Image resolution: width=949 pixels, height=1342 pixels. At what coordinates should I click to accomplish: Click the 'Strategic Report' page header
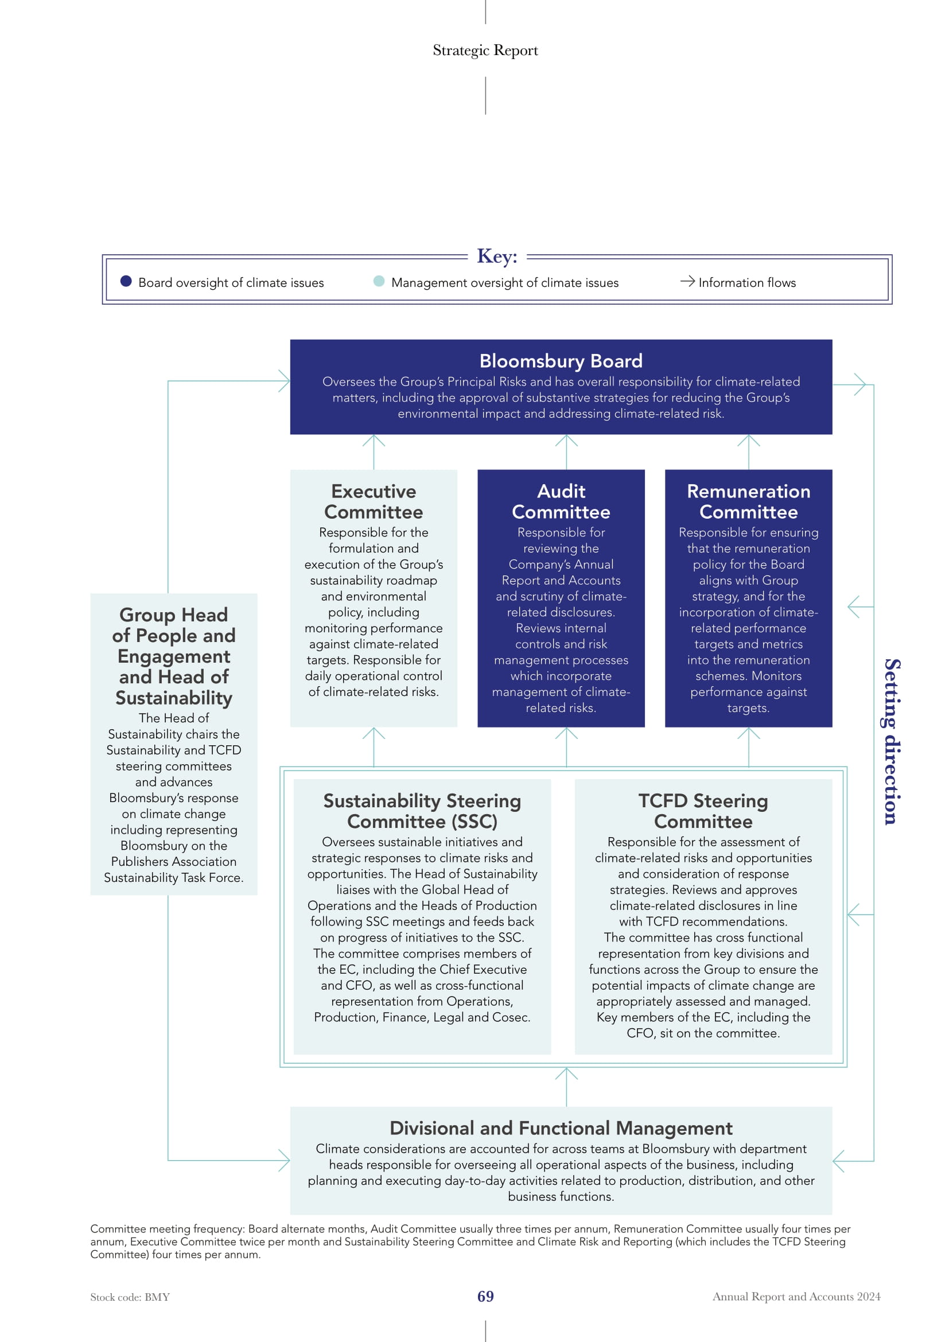click(x=485, y=50)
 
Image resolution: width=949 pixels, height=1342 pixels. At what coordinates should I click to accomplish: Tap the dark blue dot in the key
click(x=126, y=281)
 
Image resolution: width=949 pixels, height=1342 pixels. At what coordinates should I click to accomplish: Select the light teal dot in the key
click(x=379, y=281)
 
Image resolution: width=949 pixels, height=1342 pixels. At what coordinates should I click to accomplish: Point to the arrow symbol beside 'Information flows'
click(x=687, y=281)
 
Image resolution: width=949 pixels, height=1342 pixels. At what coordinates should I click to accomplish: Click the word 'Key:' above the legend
click(x=497, y=256)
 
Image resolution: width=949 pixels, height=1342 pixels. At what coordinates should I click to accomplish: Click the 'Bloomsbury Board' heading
click(x=561, y=361)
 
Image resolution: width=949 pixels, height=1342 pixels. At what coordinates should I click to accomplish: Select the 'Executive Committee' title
click(x=374, y=501)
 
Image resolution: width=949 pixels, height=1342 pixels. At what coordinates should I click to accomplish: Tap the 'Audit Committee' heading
click(x=561, y=501)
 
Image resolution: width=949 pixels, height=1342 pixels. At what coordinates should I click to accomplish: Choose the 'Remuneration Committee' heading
click(x=749, y=501)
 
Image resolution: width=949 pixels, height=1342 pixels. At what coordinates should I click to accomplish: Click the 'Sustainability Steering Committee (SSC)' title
click(x=422, y=811)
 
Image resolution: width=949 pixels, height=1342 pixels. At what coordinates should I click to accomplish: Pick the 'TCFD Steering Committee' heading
click(x=703, y=811)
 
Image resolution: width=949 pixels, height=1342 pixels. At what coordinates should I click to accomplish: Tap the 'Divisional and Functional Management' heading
click(x=561, y=1127)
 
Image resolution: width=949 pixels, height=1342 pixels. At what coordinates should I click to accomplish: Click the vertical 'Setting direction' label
click(x=892, y=742)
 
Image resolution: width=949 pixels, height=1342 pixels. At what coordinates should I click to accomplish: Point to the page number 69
click(x=485, y=1297)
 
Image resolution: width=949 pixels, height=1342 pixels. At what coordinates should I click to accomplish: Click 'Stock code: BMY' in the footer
click(x=130, y=1297)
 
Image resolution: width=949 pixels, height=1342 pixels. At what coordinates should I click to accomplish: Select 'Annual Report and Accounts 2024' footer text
click(x=796, y=1297)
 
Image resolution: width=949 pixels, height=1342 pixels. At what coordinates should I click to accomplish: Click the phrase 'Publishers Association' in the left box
click(x=173, y=862)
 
